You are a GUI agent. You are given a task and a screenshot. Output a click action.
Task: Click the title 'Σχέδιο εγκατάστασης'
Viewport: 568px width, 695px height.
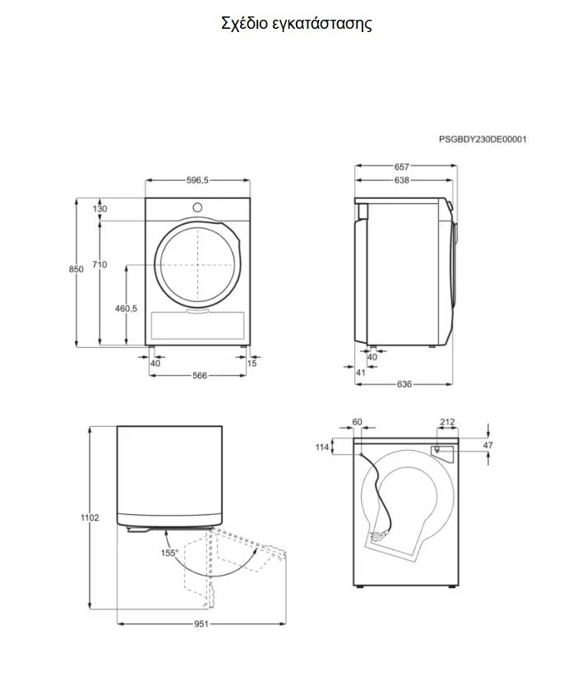[297, 24]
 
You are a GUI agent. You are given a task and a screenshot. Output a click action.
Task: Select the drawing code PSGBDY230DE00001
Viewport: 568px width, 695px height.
[483, 139]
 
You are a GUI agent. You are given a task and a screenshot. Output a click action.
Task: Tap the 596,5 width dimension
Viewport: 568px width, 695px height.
[197, 180]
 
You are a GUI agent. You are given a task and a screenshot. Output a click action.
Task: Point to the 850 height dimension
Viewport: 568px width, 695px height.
[76, 269]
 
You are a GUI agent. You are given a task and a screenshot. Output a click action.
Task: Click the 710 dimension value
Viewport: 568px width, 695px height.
[99, 265]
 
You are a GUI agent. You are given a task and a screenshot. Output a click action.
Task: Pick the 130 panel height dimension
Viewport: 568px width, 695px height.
[99, 209]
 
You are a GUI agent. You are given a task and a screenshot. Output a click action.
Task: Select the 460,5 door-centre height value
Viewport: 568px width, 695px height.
[127, 308]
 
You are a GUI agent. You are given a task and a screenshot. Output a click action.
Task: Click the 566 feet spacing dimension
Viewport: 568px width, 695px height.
[200, 375]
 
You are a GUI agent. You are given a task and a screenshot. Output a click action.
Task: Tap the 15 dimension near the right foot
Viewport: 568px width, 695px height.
[252, 364]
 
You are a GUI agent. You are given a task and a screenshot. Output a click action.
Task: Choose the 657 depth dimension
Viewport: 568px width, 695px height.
[402, 167]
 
